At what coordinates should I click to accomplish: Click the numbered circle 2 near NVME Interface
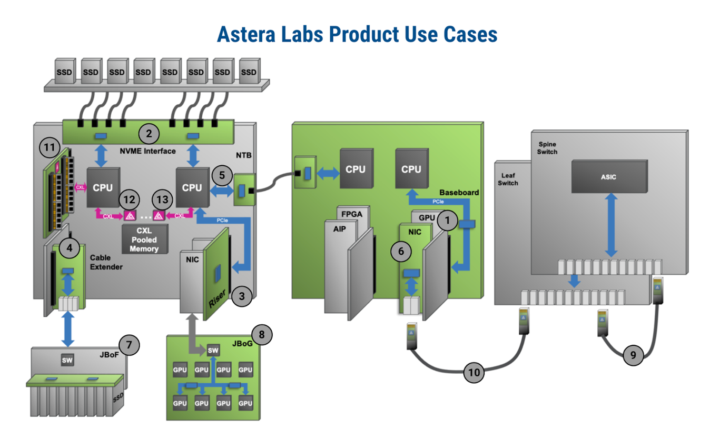pyautogui.click(x=149, y=134)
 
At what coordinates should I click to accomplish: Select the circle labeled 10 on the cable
pyautogui.click(x=474, y=373)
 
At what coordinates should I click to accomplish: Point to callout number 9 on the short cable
pyautogui.click(x=633, y=355)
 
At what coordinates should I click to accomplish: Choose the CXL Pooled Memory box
pyautogui.click(x=144, y=239)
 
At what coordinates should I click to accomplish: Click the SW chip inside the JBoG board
pyautogui.click(x=213, y=351)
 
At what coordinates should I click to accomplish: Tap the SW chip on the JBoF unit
pyautogui.click(x=67, y=360)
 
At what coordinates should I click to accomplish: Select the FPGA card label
pyautogui.click(x=352, y=215)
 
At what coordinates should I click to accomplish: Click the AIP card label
pyautogui.click(x=340, y=230)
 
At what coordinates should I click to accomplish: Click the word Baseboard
pyautogui.click(x=459, y=193)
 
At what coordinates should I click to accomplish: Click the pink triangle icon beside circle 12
pyautogui.click(x=130, y=215)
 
